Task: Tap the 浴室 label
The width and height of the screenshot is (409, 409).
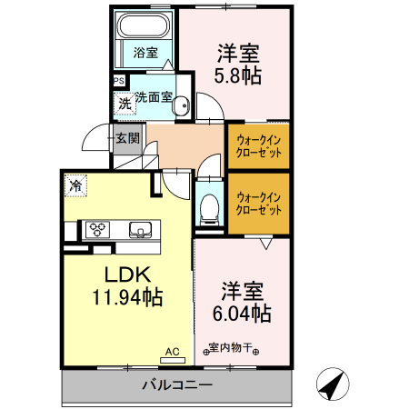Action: (145, 53)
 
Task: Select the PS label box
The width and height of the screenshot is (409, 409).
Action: (119, 81)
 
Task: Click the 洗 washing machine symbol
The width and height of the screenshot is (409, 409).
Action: (125, 103)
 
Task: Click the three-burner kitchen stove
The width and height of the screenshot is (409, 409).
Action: (98, 229)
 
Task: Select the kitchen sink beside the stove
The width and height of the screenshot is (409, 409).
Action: (140, 229)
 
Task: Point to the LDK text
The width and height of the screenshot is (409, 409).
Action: (126, 274)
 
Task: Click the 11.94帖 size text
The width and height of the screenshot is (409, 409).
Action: (126, 296)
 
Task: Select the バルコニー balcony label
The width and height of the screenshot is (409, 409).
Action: (177, 385)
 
